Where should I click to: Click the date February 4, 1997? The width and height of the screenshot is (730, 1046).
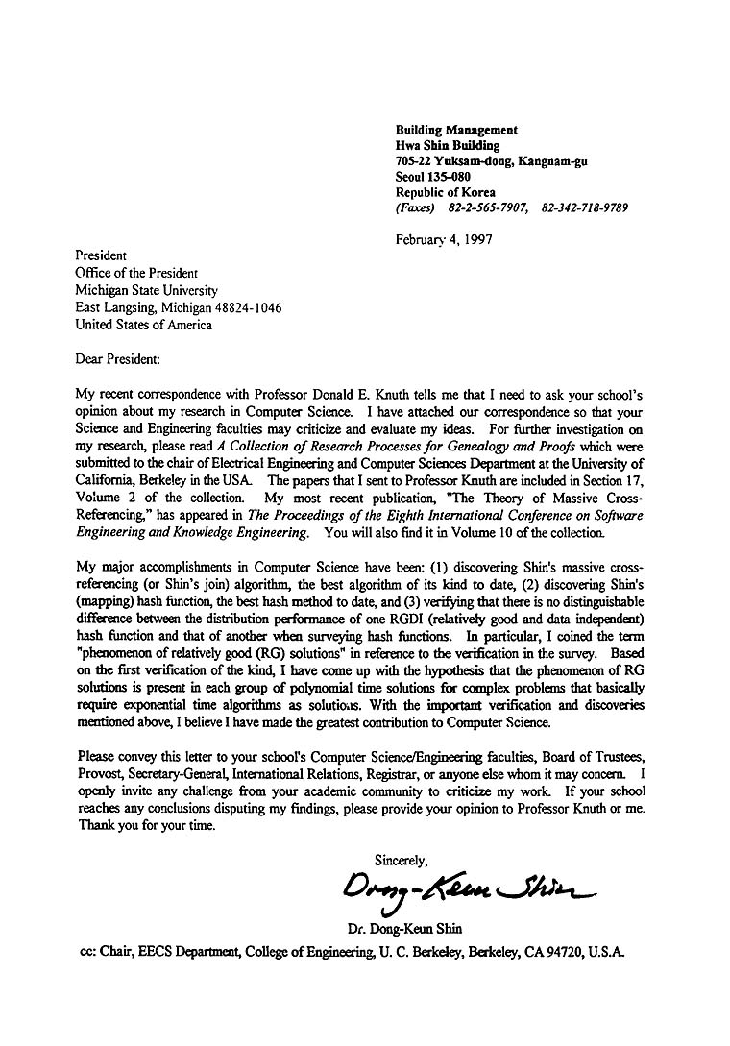[444, 240]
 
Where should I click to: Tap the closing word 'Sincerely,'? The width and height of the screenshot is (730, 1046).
[401, 859]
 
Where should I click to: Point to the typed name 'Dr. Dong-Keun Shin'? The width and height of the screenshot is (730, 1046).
[404, 929]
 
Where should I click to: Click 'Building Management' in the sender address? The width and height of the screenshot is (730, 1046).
[456, 130]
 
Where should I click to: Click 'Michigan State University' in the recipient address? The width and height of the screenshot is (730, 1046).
[147, 290]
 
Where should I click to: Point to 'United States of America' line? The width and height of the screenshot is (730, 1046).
[144, 325]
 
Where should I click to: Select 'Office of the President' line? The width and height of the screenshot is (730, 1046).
[136, 273]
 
